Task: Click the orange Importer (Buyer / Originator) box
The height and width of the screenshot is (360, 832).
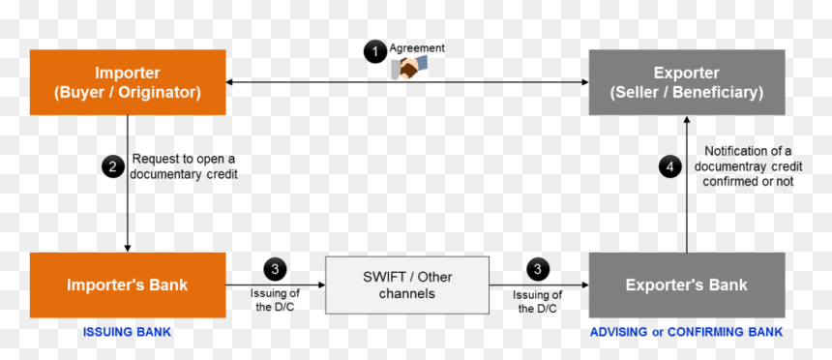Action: (x=128, y=82)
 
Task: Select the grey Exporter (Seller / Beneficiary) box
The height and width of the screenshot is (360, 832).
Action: (x=687, y=82)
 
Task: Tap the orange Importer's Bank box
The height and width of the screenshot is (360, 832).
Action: (x=128, y=285)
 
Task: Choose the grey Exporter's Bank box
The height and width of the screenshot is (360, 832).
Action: (x=687, y=285)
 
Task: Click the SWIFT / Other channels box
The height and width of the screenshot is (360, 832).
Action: (x=407, y=285)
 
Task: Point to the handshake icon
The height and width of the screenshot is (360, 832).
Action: (x=409, y=69)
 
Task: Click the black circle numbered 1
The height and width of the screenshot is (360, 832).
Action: (x=375, y=52)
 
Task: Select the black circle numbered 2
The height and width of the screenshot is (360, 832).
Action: (x=113, y=167)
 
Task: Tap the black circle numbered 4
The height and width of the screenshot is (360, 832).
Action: (x=670, y=167)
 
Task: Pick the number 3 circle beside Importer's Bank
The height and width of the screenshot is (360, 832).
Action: (x=275, y=269)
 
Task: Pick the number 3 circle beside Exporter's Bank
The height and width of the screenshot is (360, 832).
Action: (x=538, y=269)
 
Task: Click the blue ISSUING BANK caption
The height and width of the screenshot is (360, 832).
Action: (x=127, y=332)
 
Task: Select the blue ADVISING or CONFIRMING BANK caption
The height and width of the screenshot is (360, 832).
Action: (x=686, y=332)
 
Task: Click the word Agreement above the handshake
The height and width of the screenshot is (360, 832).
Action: (x=417, y=48)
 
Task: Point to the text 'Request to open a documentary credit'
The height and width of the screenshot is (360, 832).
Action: (x=184, y=166)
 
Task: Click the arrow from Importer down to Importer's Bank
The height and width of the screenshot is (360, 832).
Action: (x=128, y=183)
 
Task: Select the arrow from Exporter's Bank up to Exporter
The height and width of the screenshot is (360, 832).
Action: (x=687, y=184)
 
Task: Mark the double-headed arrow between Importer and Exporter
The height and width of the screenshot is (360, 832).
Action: (x=407, y=82)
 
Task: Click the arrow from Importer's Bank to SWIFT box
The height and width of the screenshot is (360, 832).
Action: (x=276, y=285)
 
